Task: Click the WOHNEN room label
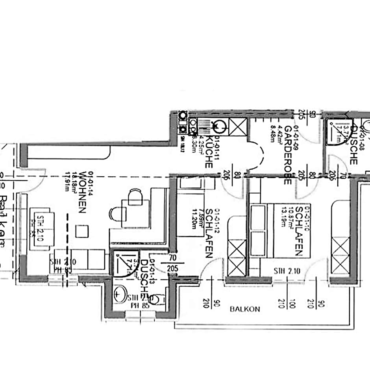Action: (82, 192)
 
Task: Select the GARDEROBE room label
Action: (288, 155)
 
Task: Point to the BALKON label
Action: (245, 309)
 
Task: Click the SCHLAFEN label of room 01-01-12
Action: (209, 233)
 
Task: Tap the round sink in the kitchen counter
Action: (219, 127)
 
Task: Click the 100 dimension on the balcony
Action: (292, 303)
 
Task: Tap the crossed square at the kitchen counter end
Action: (238, 127)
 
